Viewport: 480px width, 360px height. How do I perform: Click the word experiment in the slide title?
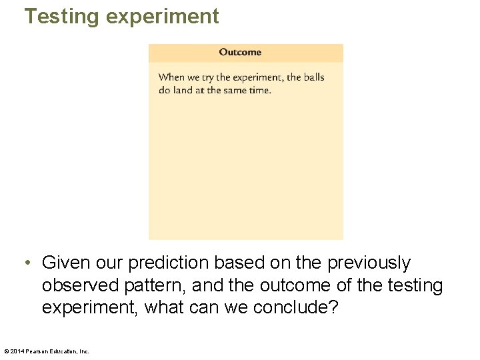point(162,16)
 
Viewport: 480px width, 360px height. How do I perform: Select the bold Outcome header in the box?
point(240,52)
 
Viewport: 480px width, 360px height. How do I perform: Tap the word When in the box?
point(171,77)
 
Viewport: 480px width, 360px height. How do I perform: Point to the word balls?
point(314,77)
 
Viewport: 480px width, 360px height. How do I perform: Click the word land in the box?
point(183,90)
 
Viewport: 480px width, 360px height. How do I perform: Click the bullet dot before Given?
point(27,263)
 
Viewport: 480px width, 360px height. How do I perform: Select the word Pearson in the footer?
point(39,351)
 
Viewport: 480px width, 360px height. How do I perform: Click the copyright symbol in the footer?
point(6,351)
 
